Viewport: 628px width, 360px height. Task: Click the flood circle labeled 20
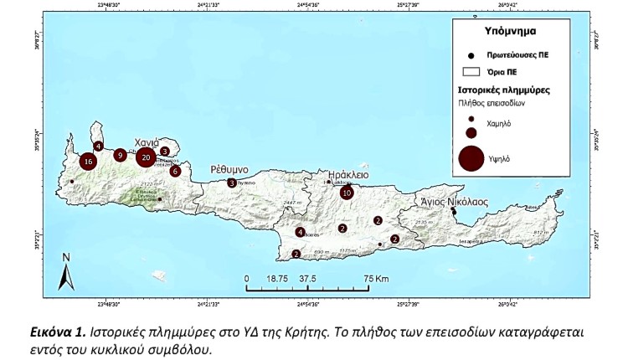click(x=146, y=157)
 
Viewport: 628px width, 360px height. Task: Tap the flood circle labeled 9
click(x=121, y=155)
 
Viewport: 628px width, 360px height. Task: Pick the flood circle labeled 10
click(x=347, y=193)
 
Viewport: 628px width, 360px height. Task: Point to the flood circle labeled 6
click(x=175, y=171)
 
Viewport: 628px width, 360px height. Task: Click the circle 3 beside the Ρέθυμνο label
click(x=231, y=183)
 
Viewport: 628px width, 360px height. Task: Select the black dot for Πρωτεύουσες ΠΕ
click(x=471, y=53)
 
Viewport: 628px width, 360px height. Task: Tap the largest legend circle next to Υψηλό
click(x=471, y=157)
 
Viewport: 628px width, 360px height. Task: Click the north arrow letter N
click(x=66, y=257)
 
